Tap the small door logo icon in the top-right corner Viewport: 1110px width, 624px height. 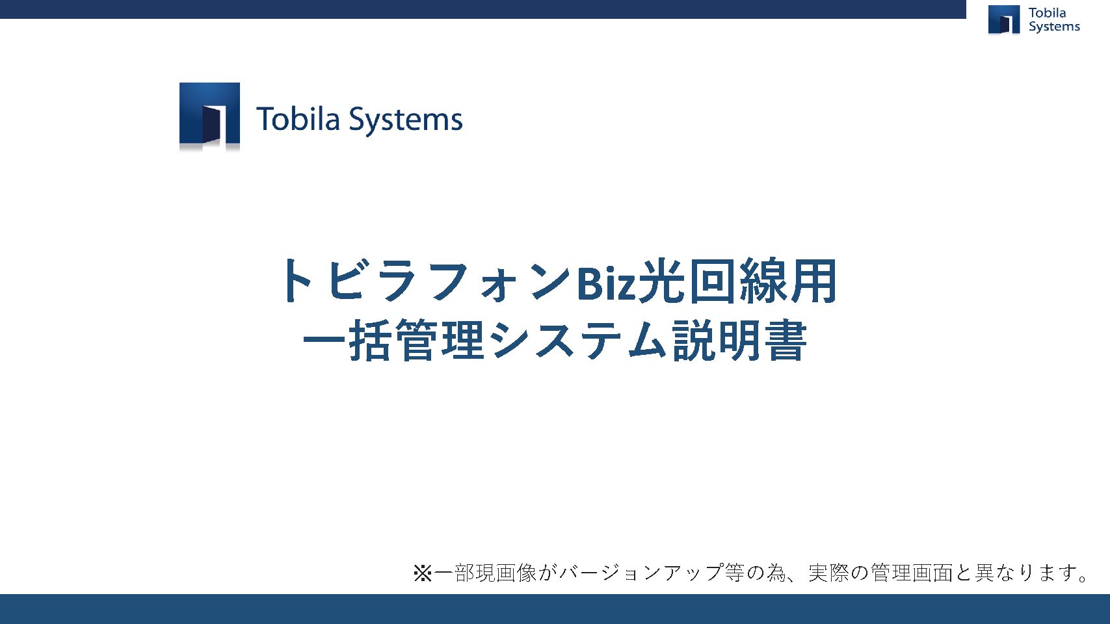point(1004,19)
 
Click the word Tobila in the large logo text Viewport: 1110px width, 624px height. point(298,119)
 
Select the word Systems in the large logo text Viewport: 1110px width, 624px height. point(405,120)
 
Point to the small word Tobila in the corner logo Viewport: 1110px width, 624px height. point(1047,13)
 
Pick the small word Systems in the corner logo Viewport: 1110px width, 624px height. point(1054,27)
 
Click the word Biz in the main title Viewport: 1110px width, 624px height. point(606,283)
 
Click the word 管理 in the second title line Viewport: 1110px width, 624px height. point(440,340)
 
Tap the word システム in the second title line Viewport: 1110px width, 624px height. point(578,340)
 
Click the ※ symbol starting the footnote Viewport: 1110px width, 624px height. point(423,573)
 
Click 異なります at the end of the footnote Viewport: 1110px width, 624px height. point(1024,573)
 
